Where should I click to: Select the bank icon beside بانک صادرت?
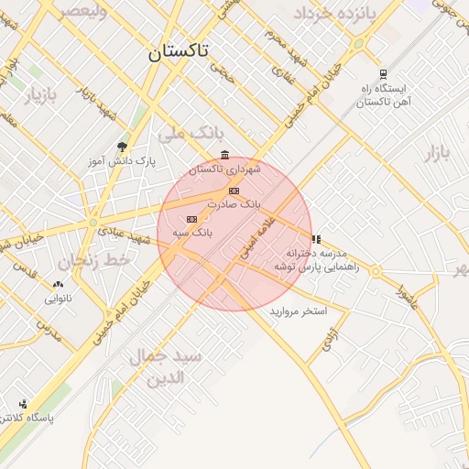point(234,191)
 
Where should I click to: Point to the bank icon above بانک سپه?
point(191,219)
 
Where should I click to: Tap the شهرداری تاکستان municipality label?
point(225,169)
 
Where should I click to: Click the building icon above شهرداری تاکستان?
point(225,155)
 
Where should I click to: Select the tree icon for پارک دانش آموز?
point(123,146)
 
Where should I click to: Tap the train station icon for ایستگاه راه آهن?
point(383,75)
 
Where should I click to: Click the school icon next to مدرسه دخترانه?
point(316,239)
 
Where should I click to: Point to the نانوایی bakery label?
point(58,299)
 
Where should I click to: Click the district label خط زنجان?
point(96,261)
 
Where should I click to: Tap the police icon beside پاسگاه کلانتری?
point(23,403)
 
